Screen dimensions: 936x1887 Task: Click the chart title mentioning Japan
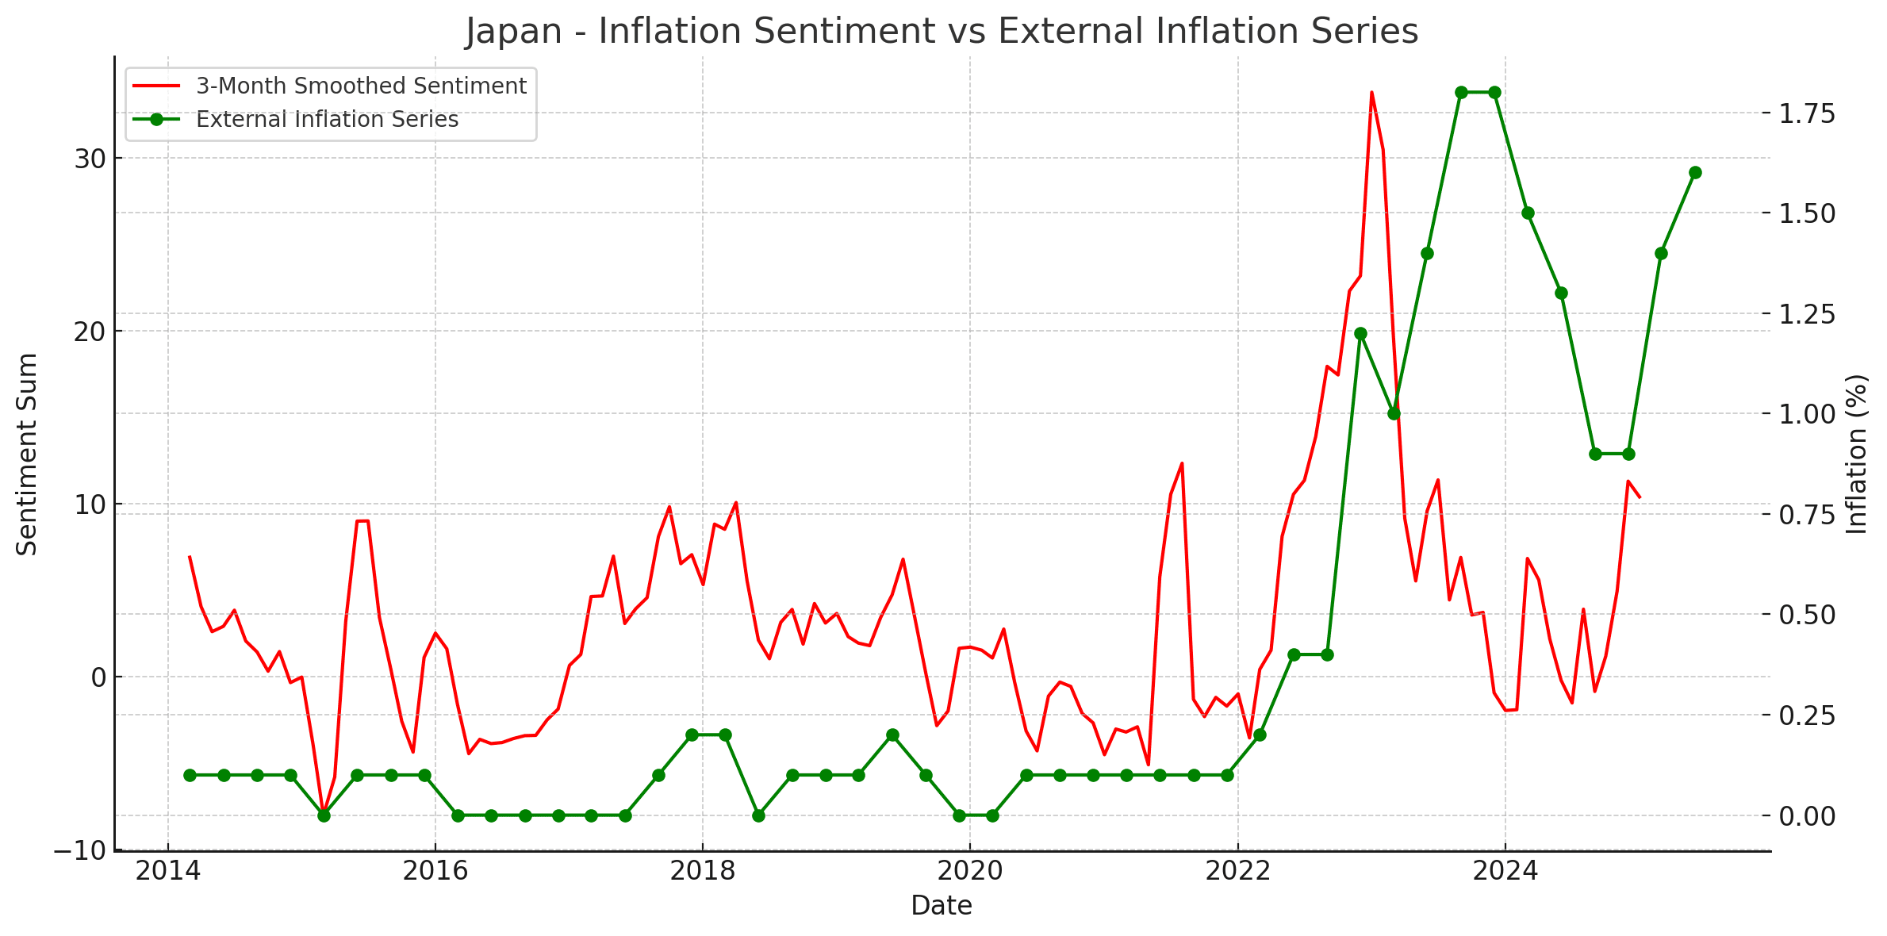(942, 32)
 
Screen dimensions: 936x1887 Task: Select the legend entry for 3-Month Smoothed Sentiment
(360, 86)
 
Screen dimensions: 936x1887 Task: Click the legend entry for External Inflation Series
(327, 120)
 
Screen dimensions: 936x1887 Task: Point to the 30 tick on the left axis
(90, 159)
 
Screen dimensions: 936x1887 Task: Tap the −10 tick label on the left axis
(79, 850)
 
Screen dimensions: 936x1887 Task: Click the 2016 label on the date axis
(435, 872)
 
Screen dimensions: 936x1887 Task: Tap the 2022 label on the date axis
(1237, 872)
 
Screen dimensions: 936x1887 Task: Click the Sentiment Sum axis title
(27, 454)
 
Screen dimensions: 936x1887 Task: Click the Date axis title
(941, 905)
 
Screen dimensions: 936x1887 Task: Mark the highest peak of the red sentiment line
(1371, 93)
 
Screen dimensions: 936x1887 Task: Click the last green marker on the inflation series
(1695, 173)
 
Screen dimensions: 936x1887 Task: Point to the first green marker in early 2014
(190, 775)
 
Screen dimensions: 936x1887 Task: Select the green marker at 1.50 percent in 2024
(1528, 213)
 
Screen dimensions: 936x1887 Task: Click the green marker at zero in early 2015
(324, 815)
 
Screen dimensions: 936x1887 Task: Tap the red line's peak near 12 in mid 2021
(1182, 463)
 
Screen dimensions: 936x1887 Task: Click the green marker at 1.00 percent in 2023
(1394, 414)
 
